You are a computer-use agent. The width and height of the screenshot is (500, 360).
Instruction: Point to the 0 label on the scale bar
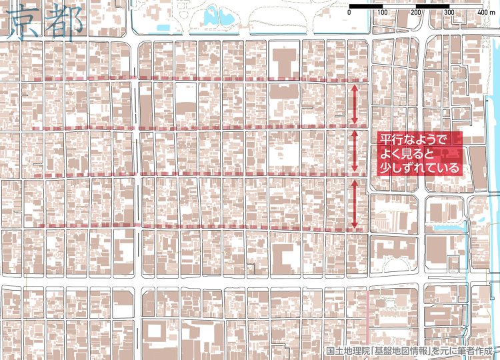(349, 13)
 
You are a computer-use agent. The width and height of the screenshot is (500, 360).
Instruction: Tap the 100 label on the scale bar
(382, 13)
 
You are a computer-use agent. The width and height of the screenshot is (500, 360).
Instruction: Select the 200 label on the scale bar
(415, 13)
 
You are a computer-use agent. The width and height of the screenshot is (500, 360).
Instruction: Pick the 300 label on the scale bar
(449, 13)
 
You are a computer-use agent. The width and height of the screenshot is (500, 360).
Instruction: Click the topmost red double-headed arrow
(355, 103)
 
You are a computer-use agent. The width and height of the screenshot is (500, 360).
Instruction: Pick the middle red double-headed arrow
(355, 151)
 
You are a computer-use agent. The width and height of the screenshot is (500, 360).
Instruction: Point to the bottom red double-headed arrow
(355, 203)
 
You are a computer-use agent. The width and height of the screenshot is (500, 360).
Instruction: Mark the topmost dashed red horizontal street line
(200, 80)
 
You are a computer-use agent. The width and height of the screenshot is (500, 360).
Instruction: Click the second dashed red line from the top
(200, 127)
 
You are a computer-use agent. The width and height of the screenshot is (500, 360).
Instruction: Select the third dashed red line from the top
(200, 176)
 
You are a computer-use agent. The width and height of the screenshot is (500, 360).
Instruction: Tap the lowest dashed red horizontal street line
(200, 227)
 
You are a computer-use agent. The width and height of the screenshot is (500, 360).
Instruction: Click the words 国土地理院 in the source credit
(347, 351)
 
